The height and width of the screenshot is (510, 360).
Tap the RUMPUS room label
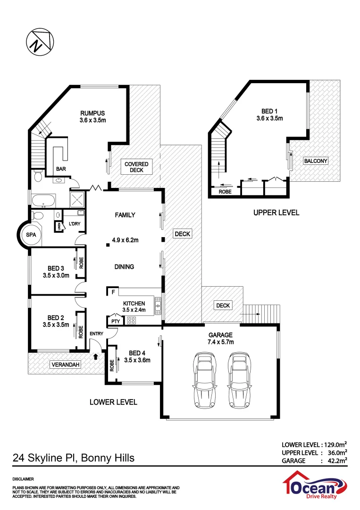[92, 113]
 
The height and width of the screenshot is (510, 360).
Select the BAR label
[61, 169]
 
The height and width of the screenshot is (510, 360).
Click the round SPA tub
[31, 235]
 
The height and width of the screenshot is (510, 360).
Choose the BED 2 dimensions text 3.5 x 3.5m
[56, 325]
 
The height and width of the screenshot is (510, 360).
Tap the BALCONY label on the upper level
[316, 161]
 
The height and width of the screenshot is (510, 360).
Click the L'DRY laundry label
[75, 223]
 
